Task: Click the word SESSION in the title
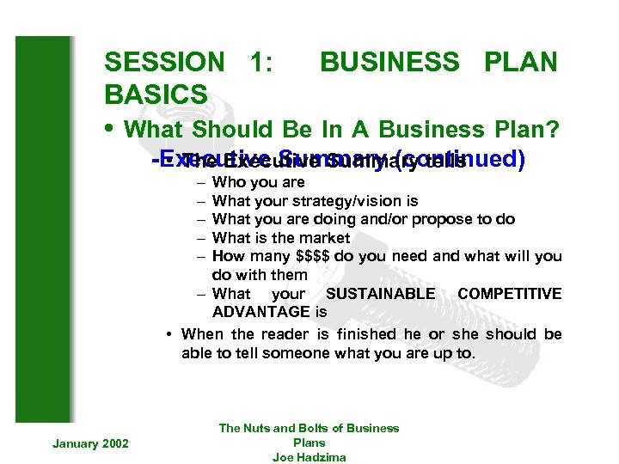click(x=163, y=62)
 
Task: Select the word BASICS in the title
click(x=156, y=94)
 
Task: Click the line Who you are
click(x=258, y=182)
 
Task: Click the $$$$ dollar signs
click(x=316, y=256)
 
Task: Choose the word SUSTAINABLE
click(x=381, y=294)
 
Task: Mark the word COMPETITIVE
click(x=509, y=294)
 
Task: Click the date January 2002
click(x=90, y=443)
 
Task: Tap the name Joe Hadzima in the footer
click(x=309, y=457)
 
